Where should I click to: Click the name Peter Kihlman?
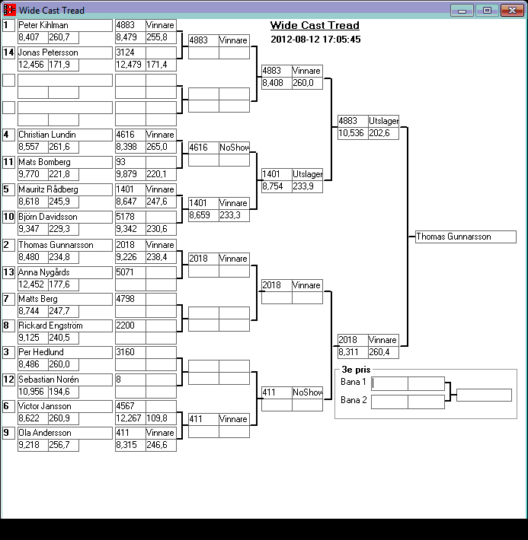43,25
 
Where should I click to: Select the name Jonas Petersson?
48,52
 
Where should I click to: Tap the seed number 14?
8,52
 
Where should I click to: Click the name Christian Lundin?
47,135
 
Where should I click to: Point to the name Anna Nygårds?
44,272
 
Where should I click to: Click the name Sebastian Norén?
48,380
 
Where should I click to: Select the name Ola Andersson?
44,433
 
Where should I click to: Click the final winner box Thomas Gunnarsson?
466,237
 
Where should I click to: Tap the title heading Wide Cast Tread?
315,26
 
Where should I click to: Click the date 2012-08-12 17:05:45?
315,40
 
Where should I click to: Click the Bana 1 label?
353,382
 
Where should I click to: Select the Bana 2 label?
353,400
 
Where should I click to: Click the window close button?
509,10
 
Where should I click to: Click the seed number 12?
8,380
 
